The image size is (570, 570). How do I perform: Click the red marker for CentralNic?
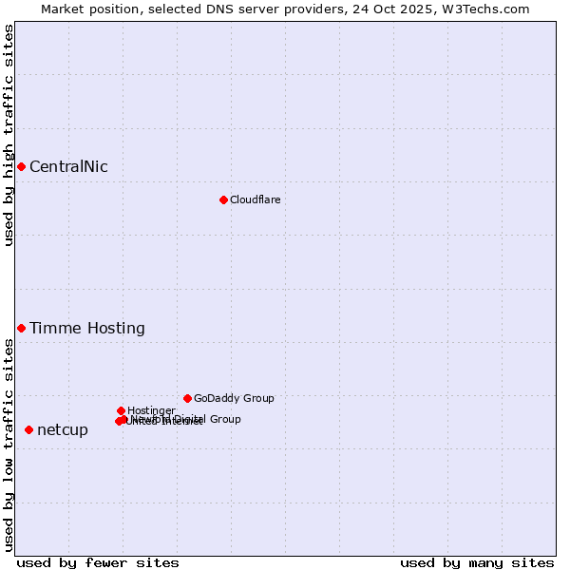(x=21, y=167)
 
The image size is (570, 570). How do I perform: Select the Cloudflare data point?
(x=223, y=199)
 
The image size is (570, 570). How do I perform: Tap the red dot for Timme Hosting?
(x=21, y=328)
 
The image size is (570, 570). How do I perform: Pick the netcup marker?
(x=28, y=429)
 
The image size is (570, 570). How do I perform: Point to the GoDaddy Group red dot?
(x=187, y=398)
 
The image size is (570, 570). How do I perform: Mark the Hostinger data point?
(x=121, y=410)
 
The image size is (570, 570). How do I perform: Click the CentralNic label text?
(x=68, y=167)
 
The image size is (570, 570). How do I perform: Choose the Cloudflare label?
(x=255, y=199)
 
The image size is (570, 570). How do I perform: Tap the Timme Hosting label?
(x=87, y=329)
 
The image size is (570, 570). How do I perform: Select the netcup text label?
(x=63, y=430)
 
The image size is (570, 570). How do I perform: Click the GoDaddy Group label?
(x=234, y=399)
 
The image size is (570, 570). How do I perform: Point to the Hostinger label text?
(x=151, y=410)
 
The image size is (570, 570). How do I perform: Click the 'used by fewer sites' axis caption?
(x=98, y=562)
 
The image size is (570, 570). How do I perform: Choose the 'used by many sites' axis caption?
(x=477, y=562)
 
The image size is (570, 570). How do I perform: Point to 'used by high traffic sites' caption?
(x=9, y=135)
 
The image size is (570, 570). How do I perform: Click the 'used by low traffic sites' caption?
(x=9, y=445)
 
